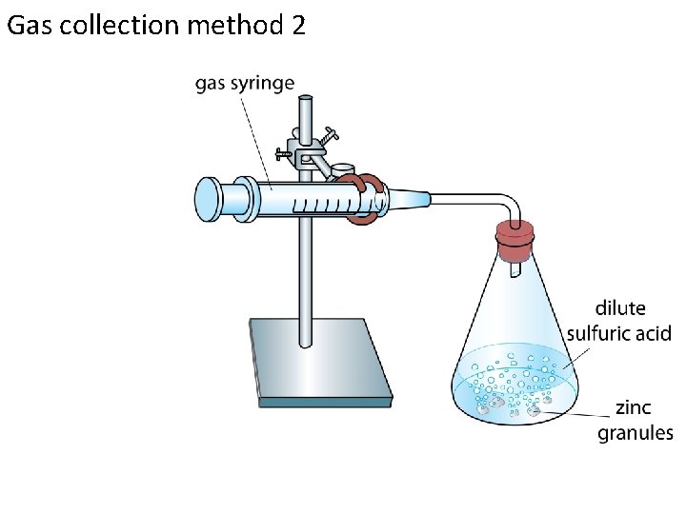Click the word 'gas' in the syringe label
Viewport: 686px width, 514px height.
[213, 84]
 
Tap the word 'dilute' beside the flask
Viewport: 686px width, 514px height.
[619, 308]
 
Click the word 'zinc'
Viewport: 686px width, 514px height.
[633, 408]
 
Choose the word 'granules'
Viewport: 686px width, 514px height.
[635, 433]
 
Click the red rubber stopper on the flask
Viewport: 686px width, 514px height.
[515, 243]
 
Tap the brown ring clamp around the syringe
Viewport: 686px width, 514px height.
[365, 200]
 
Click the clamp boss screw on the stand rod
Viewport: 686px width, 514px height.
[330, 136]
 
